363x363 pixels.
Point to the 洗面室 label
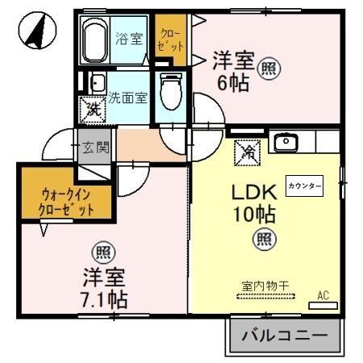tap(127, 98)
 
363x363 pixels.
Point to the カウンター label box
tap(304, 186)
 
